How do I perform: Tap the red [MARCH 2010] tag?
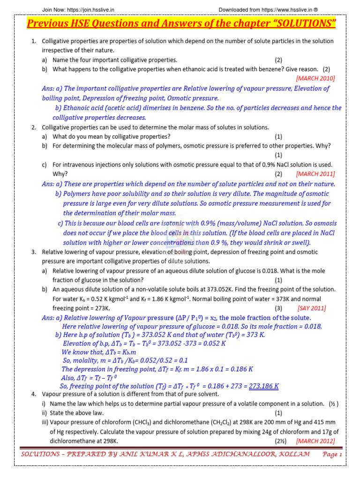[x=315, y=78]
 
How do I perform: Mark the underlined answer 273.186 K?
[x=263, y=386]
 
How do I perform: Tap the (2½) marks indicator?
[x=280, y=441]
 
